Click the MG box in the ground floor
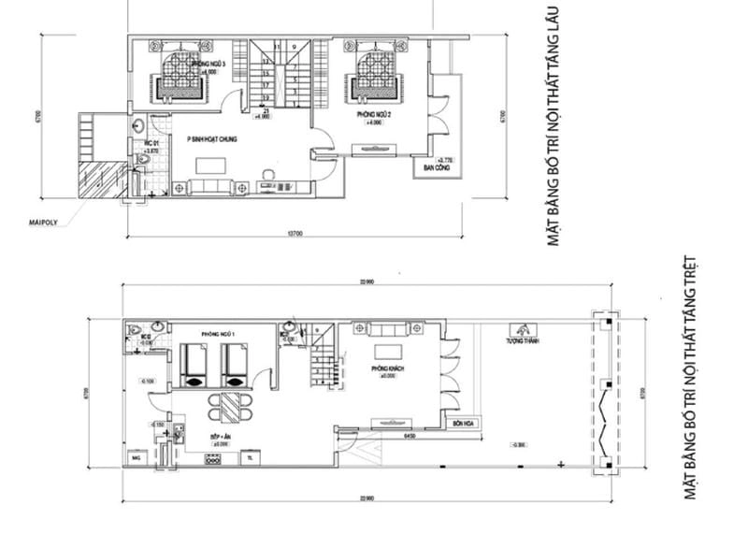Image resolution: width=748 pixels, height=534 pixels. tap(137, 457)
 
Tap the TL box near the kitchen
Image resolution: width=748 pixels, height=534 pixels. tap(250, 457)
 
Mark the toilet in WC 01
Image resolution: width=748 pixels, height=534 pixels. tap(143, 161)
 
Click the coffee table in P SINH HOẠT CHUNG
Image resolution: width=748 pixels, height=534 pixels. tap(209, 166)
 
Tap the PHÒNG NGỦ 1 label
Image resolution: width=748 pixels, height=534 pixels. tap(215, 334)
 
